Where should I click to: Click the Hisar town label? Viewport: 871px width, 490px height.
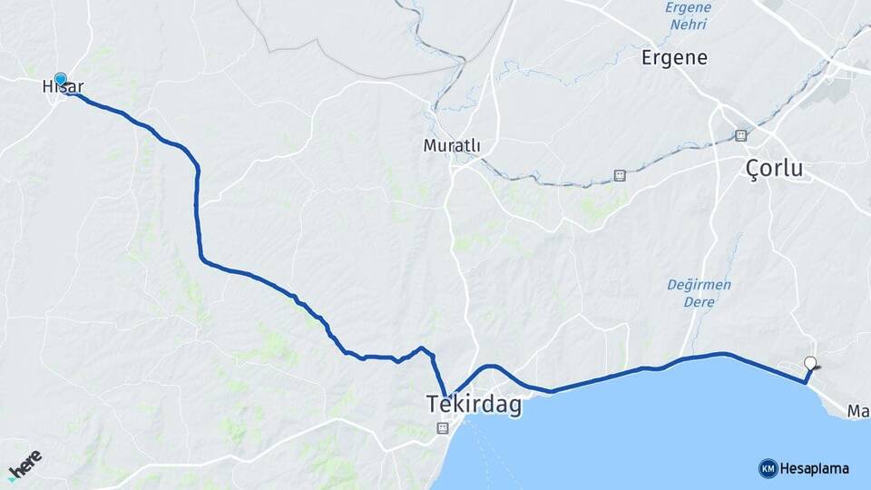click(63, 87)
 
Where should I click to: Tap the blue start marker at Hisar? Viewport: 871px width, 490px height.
click(61, 80)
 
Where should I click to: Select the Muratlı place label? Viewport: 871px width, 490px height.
click(451, 145)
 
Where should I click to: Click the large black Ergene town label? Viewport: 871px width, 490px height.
click(674, 58)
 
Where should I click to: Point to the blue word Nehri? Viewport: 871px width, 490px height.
click(688, 24)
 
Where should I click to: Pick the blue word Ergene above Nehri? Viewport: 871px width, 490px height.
click(688, 8)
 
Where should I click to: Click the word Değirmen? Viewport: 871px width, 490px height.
click(699, 284)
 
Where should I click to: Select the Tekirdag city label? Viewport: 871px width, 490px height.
click(475, 406)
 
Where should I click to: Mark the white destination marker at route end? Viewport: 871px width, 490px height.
click(811, 365)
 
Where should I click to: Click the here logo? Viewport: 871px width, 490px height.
click(24, 465)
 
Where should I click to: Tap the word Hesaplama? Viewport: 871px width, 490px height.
click(814, 468)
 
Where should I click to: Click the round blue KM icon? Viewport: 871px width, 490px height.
click(768, 468)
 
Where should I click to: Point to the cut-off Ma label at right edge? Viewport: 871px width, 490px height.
click(858, 412)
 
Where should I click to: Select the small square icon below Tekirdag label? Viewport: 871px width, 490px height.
click(443, 427)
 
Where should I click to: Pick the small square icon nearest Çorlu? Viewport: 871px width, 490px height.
click(741, 135)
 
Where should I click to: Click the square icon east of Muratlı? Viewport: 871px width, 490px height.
click(620, 175)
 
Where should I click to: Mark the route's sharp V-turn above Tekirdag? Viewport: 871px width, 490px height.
click(446, 396)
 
